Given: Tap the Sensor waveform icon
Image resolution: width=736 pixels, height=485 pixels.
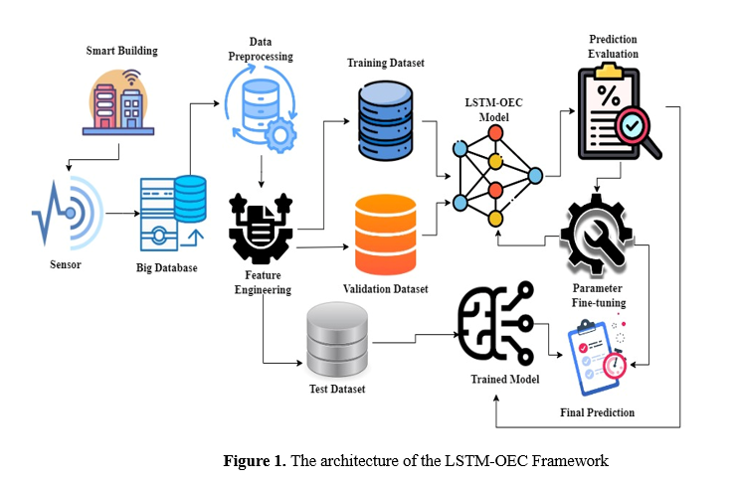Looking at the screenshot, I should [64, 212].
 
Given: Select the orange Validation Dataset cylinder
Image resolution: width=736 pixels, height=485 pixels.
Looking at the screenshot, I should [385, 236].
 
